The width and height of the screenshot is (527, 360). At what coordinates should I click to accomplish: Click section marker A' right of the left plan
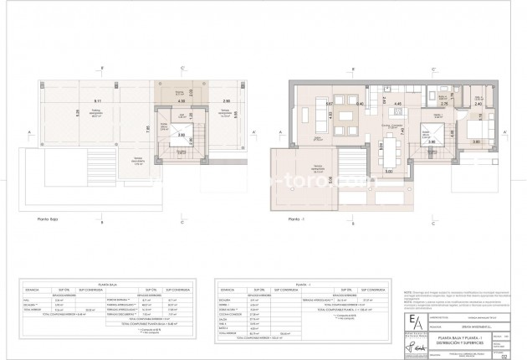click(x=254, y=132)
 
